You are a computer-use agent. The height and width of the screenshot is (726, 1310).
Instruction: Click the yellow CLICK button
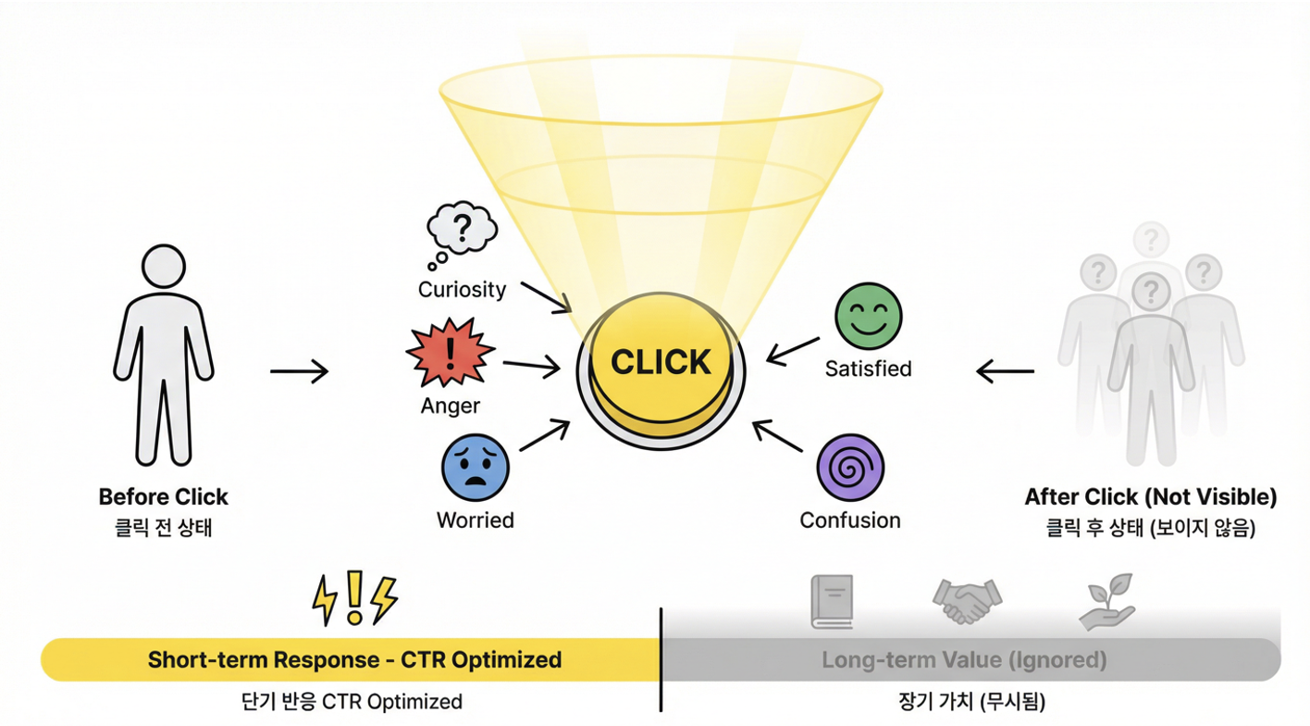(x=661, y=363)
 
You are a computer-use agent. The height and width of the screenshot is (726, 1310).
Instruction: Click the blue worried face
(x=476, y=468)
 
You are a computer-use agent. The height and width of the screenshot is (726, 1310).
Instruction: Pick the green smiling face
(x=868, y=317)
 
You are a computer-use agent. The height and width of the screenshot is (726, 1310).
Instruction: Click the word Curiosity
(x=462, y=290)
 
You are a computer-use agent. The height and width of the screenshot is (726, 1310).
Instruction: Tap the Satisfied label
(x=868, y=369)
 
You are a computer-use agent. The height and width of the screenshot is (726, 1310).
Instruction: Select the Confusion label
(x=850, y=520)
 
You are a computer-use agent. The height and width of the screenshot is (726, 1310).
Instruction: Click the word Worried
(x=475, y=520)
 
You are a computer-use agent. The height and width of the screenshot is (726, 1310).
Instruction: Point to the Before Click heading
(x=164, y=497)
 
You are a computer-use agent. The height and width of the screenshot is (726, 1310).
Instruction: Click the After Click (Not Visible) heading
(x=1151, y=497)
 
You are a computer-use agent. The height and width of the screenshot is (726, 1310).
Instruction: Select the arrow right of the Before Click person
(x=299, y=372)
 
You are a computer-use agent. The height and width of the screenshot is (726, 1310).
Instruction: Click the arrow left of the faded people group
(x=1006, y=372)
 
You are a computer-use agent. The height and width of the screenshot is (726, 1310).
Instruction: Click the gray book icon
(x=831, y=601)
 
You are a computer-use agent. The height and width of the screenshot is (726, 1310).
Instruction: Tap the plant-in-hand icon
(x=1107, y=601)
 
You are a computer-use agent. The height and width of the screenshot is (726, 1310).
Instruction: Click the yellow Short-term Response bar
(x=353, y=660)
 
